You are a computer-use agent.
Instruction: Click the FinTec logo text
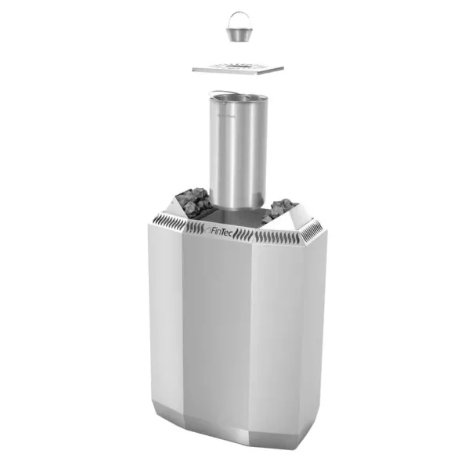(219, 232)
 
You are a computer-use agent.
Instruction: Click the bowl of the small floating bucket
(237, 34)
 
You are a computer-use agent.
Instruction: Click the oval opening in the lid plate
(238, 66)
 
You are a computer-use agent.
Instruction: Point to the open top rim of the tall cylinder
(238, 97)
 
